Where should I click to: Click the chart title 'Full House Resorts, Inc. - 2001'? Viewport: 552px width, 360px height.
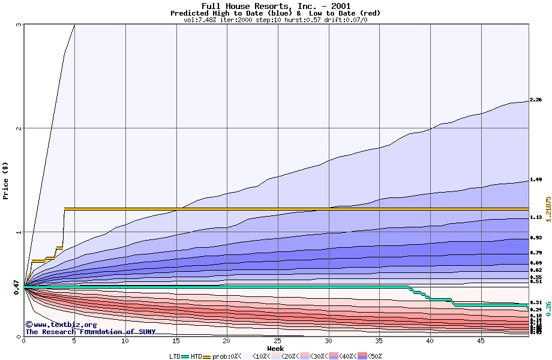point(275,6)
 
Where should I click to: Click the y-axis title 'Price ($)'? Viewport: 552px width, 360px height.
point(6,180)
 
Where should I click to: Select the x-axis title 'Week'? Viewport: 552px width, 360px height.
point(275,349)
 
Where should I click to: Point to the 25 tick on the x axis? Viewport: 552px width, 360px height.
point(278,341)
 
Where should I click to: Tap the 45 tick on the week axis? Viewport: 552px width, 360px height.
point(481,341)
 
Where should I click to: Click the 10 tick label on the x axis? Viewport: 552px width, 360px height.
point(125,341)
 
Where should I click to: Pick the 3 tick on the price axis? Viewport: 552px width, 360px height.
point(19,25)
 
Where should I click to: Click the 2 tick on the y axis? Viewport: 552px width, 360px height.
point(19,128)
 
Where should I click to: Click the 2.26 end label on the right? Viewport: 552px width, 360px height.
point(536,100)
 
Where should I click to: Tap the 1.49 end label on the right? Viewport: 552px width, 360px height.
point(536,179)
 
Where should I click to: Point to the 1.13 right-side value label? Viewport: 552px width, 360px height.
point(536,217)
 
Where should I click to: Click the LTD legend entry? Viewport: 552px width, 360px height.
point(176,356)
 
